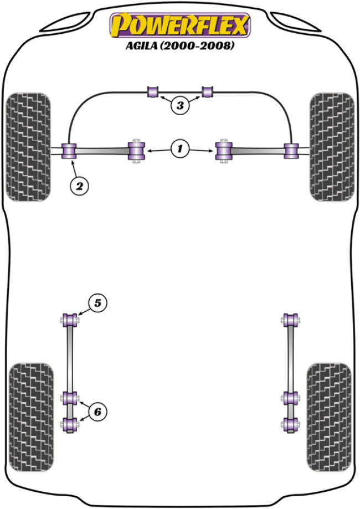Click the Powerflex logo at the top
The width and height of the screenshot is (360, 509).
(180, 25)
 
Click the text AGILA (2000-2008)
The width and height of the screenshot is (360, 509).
(180, 47)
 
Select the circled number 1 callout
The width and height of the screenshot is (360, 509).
(179, 148)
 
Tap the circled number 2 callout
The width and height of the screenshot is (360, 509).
(79, 186)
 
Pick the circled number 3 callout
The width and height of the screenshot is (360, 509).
(179, 105)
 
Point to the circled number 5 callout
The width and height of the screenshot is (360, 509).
(97, 303)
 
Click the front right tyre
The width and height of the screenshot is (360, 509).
(331, 147)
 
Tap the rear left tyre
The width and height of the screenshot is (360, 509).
(32, 417)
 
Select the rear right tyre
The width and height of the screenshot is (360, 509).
(328, 417)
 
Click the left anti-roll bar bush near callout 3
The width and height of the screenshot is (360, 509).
(153, 91)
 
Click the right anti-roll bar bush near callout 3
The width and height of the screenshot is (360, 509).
(208, 91)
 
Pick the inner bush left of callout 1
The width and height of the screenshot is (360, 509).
(136, 150)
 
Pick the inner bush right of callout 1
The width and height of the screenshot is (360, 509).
(223, 150)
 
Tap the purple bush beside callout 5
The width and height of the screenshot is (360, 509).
(70, 320)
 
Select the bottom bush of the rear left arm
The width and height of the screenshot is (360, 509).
(69, 425)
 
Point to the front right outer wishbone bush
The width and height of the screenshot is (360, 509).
(291, 150)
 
